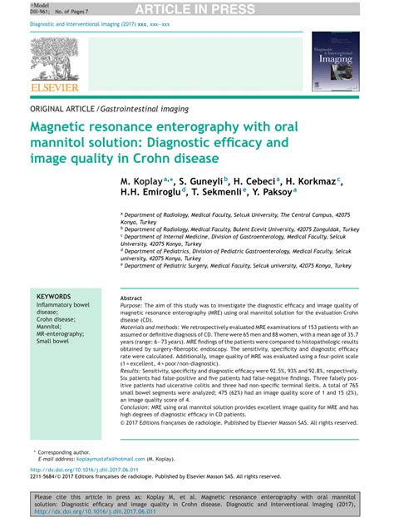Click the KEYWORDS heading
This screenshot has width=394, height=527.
pyautogui.click(x=54, y=296)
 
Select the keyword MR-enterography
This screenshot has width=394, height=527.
pyautogui.click(x=61, y=332)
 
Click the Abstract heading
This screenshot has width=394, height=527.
pyautogui.click(x=131, y=298)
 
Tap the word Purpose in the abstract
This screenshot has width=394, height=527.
pyautogui.click(x=134, y=306)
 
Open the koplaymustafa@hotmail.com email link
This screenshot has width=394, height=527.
pyautogui.click(x=107, y=458)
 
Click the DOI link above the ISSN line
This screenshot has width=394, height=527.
pyautogui.click(x=80, y=469)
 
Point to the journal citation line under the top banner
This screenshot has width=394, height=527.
pyautogui.click(x=100, y=24)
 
